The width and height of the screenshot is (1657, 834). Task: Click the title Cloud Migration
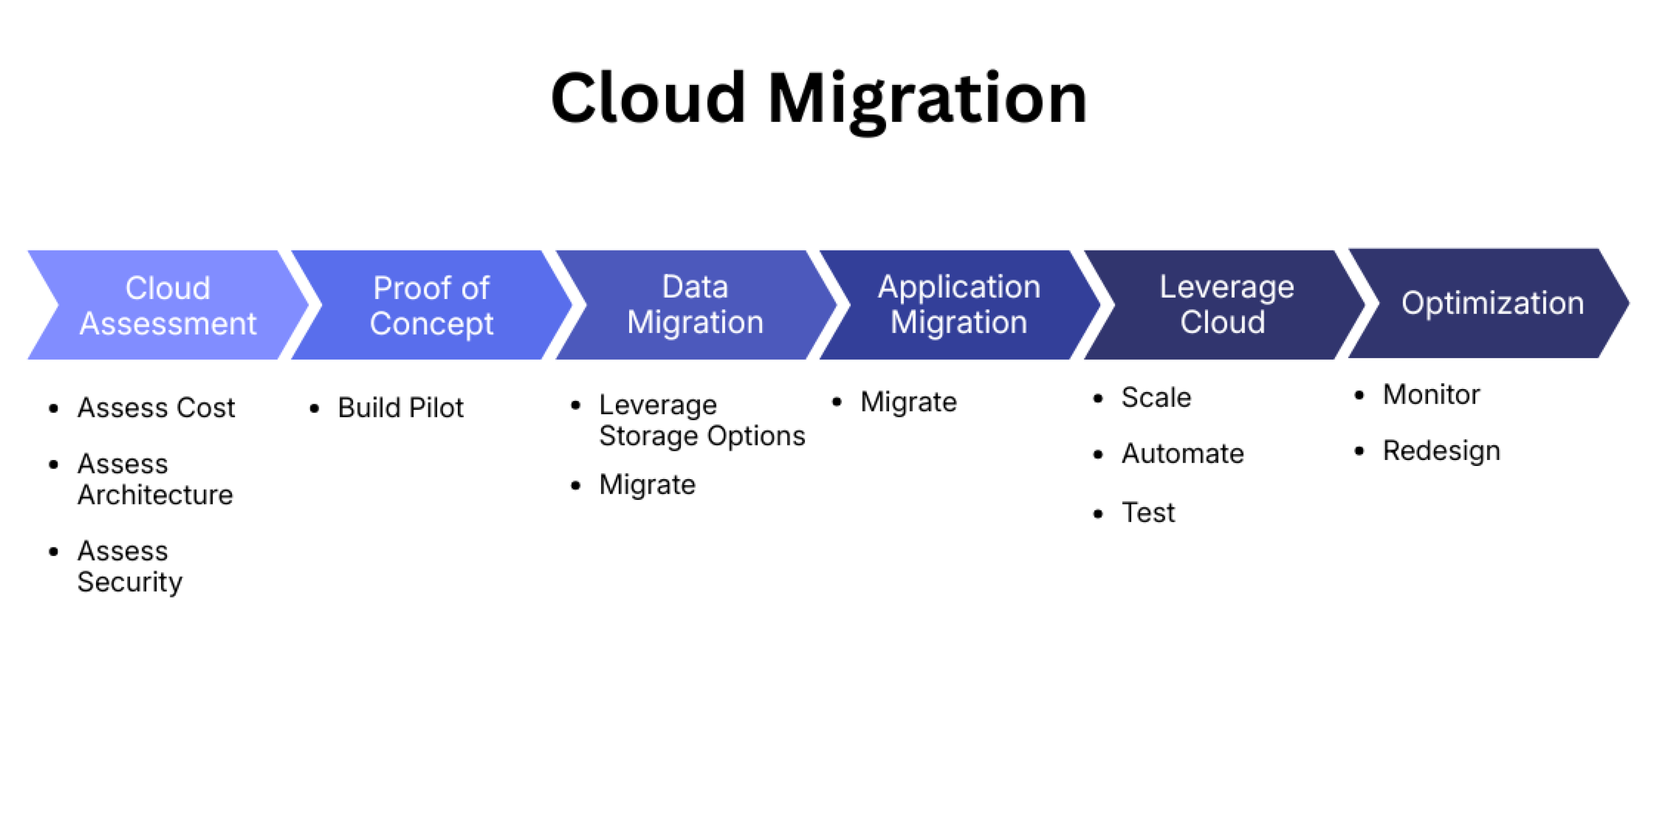818,100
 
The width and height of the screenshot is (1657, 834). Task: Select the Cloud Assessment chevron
168,305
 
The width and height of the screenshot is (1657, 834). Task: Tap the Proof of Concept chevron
431,305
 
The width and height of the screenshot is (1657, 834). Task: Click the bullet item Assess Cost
156,408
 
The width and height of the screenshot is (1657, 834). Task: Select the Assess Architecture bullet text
155,479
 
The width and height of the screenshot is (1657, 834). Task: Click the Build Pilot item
401,408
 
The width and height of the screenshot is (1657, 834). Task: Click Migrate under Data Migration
647,485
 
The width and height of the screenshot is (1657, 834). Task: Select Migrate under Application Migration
908,402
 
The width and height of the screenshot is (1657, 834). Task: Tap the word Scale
1156,397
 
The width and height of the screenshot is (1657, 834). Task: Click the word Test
1148,513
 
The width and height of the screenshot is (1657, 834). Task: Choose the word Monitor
1431,395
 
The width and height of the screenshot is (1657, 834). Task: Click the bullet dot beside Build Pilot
315,408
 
